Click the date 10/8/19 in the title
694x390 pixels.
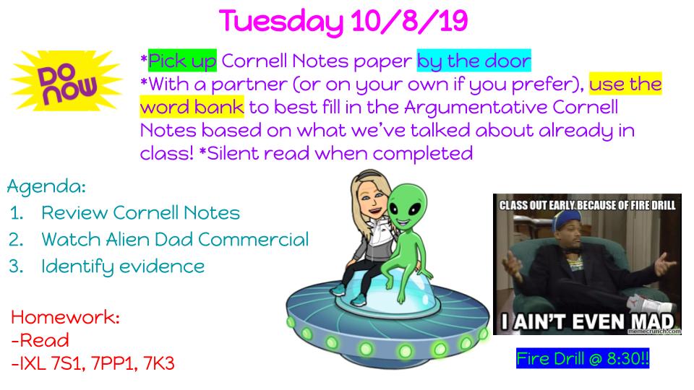point(409,21)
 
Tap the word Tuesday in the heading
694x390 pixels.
point(280,22)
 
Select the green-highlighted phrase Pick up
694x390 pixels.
point(182,61)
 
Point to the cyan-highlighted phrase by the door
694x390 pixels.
point(474,61)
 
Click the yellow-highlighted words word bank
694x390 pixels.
point(192,107)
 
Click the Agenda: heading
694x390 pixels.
point(46,186)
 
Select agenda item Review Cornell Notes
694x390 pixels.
point(141,212)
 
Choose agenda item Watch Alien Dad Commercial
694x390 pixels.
point(175,239)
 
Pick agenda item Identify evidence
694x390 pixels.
point(123,266)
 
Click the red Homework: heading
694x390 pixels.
point(66,317)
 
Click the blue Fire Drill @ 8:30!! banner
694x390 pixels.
point(583,358)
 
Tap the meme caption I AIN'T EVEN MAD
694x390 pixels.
point(587,321)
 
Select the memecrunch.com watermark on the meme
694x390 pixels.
point(654,331)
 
